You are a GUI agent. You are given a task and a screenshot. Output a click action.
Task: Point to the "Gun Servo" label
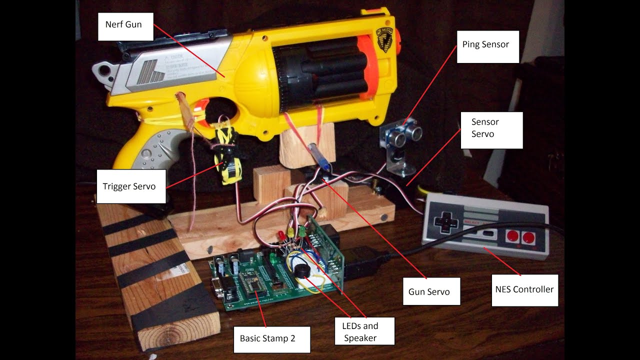[431, 291]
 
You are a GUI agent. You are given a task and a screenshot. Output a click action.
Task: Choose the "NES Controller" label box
[524, 290]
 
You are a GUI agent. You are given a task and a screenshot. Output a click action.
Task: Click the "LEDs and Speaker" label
[364, 331]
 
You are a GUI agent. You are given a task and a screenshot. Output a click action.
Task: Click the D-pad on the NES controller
[443, 222]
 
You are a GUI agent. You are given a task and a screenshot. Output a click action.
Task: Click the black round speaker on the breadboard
[301, 271]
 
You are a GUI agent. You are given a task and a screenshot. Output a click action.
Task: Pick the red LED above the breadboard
[282, 233]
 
